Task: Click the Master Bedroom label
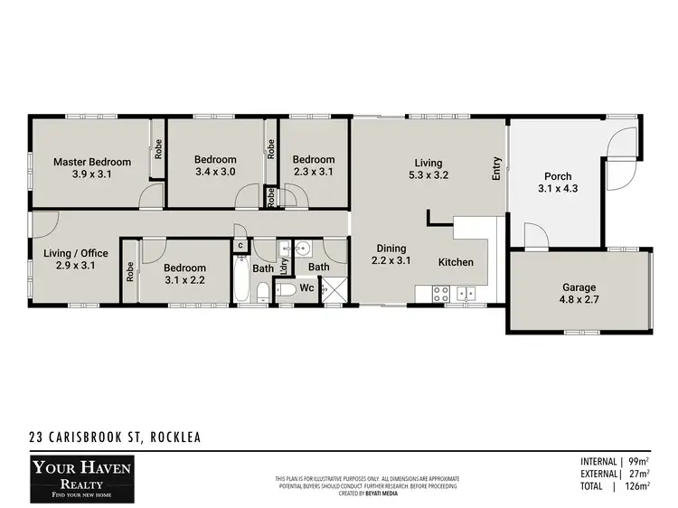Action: click(x=91, y=162)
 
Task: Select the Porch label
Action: click(x=557, y=176)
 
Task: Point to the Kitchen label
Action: click(x=456, y=262)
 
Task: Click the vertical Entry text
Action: click(x=496, y=169)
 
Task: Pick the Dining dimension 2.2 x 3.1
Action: click(x=391, y=260)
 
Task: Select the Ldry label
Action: click(x=284, y=267)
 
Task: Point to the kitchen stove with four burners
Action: click(x=439, y=293)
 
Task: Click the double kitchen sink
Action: click(x=466, y=293)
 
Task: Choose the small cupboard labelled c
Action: click(x=240, y=245)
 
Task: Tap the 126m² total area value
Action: click(x=639, y=485)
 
